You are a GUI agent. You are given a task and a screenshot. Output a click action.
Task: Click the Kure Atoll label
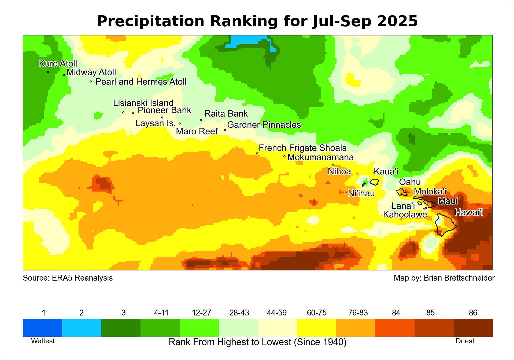[x=58, y=64]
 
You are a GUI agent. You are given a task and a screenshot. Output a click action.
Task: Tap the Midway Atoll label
[x=91, y=72]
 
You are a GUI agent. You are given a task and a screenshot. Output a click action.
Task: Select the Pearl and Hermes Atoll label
[x=141, y=82]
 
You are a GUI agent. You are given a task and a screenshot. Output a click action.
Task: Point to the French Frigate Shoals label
[x=302, y=148]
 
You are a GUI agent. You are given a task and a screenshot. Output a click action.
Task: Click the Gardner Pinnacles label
[x=264, y=125]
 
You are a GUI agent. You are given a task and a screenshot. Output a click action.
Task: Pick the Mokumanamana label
[x=320, y=157]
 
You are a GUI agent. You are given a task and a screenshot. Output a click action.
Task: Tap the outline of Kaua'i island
[x=374, y=182]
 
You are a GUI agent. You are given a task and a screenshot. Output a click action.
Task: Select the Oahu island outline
[x=402, y=192]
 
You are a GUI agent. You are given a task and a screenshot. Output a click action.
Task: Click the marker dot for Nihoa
[x=333, y=165]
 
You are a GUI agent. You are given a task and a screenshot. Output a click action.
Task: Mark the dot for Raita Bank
[x=201, y=120]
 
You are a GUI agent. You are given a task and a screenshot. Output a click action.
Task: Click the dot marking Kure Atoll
[x=48, y=72]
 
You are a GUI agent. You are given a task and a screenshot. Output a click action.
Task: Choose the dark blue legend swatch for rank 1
[x=43, y=328]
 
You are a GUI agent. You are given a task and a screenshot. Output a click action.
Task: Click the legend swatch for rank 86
[x=473, y=328]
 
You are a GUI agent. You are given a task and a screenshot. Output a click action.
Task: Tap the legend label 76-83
[x=358, y=313]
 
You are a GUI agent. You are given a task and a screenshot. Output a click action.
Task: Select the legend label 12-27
[x=202, y=313]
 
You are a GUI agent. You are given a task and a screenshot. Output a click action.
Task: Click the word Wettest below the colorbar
[x=43, y=341]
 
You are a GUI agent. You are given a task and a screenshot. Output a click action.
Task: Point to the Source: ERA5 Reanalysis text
[x=68, y=278]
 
